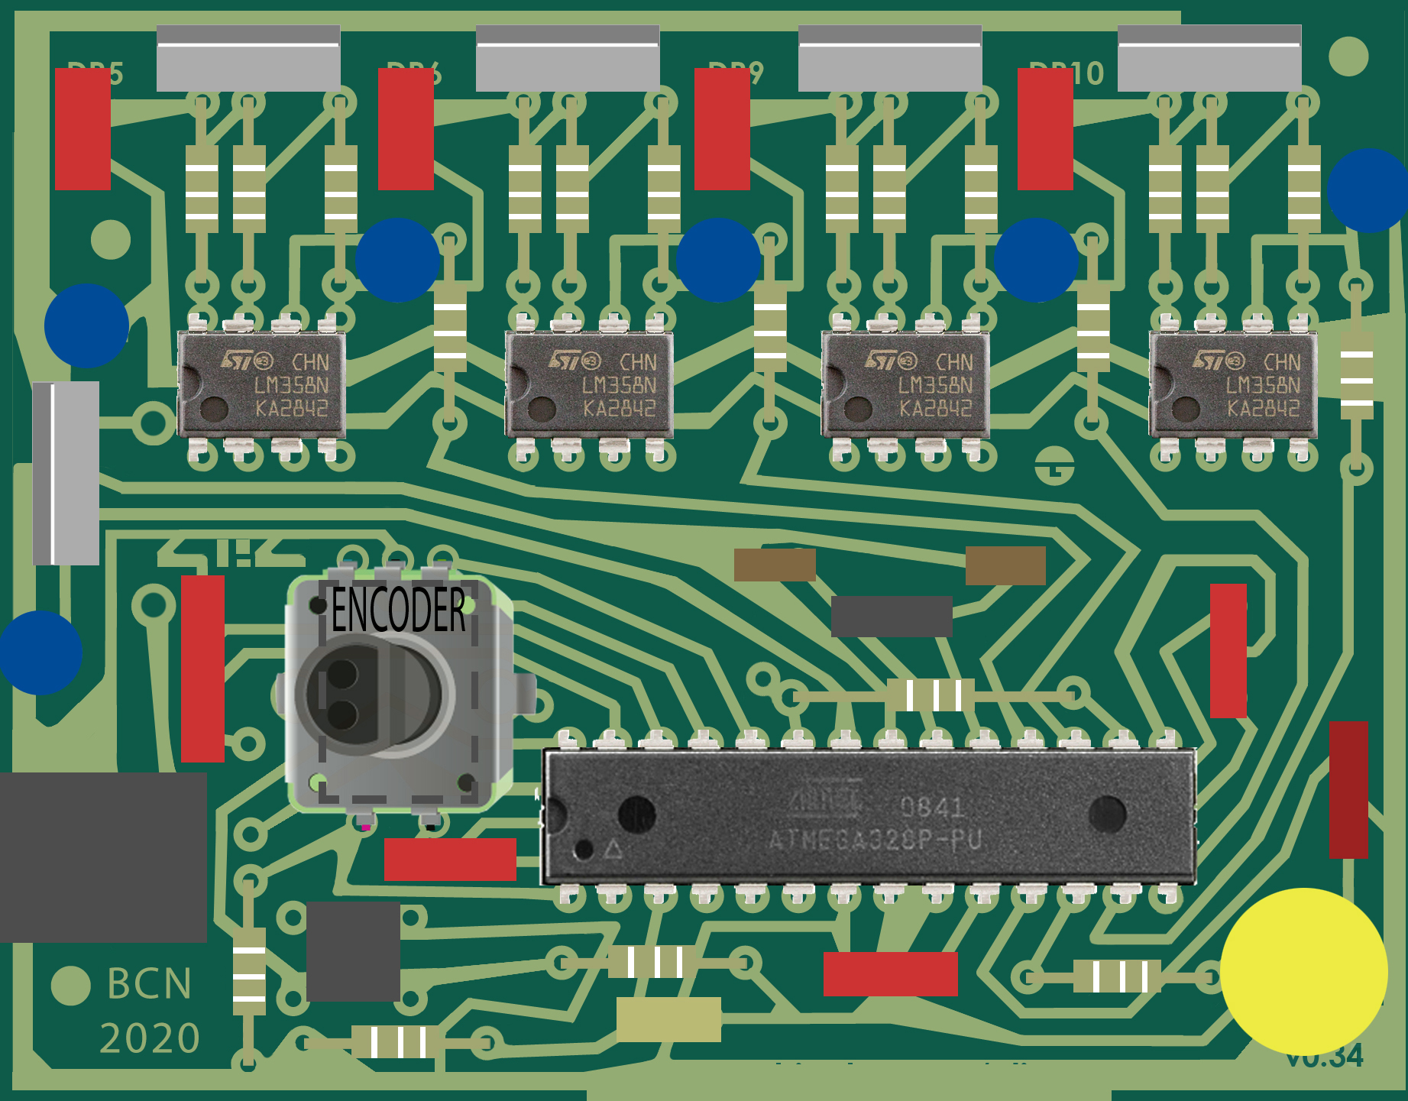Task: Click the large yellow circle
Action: point(1303,971)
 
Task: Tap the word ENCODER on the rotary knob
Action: point(398,610)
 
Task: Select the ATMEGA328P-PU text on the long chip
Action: point(875,840)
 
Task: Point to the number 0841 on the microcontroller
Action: point(931,807)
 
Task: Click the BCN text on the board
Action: point(149,983)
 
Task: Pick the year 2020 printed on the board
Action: point(150,1038)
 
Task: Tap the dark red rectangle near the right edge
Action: point(1348,789)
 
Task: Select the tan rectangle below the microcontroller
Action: point(668,1019)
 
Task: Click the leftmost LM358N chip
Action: point(261,384)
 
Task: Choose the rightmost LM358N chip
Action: point(1233,384)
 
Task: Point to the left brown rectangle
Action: point(775,565)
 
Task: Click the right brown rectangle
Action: point(1005,565)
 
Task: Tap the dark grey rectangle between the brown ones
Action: point(892,616)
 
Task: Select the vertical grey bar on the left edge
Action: point(66,473)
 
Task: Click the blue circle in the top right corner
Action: point(1368,190)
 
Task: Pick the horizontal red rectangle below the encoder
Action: point(450,860)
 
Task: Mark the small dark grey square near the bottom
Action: point(353,951)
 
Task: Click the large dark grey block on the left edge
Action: point(103,857)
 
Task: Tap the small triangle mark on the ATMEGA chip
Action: point(613,850)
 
